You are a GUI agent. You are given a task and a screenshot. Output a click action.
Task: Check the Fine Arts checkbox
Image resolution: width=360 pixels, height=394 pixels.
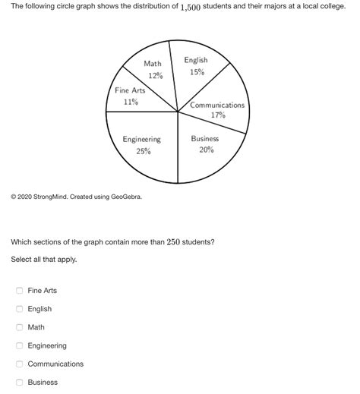[x=20, y=291]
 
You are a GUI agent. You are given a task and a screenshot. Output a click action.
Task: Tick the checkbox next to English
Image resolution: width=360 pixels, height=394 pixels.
[x=20, y=309]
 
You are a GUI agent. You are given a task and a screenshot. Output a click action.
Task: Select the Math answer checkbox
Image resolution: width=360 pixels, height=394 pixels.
[x=20, y=327]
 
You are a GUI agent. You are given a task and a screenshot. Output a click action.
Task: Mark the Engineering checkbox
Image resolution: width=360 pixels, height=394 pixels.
[x=20, y=345]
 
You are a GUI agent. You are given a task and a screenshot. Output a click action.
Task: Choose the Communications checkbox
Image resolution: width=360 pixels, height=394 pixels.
[x=20, y=364]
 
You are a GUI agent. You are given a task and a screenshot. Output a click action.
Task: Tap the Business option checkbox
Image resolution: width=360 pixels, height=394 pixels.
[x=20, y=382]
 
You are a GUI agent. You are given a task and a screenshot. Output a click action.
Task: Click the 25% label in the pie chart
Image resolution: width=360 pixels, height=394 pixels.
[x=143, y=151]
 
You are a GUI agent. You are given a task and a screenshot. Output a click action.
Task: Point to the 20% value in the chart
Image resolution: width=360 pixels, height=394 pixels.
[x=206, y=150]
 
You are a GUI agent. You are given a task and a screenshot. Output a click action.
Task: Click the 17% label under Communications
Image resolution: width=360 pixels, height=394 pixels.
[x=218, y=116]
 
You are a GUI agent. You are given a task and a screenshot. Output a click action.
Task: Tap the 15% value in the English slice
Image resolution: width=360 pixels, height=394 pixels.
[x=197, y=72]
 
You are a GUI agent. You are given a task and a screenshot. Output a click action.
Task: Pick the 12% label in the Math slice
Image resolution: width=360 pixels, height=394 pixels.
[x=155, y=76]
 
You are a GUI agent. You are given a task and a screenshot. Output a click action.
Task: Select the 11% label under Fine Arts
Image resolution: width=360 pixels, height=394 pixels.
[x=130, y=102]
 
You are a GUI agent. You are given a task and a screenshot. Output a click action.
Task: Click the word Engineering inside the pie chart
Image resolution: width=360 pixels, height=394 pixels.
[x=142, y=140]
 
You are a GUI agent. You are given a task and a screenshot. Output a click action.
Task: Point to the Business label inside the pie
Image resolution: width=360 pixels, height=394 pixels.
[x=205, y=139]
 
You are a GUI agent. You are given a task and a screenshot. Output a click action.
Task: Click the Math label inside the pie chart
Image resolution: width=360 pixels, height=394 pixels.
[x=153, y=64]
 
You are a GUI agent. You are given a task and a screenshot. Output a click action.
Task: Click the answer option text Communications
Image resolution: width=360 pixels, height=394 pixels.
[x=55, y=364]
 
